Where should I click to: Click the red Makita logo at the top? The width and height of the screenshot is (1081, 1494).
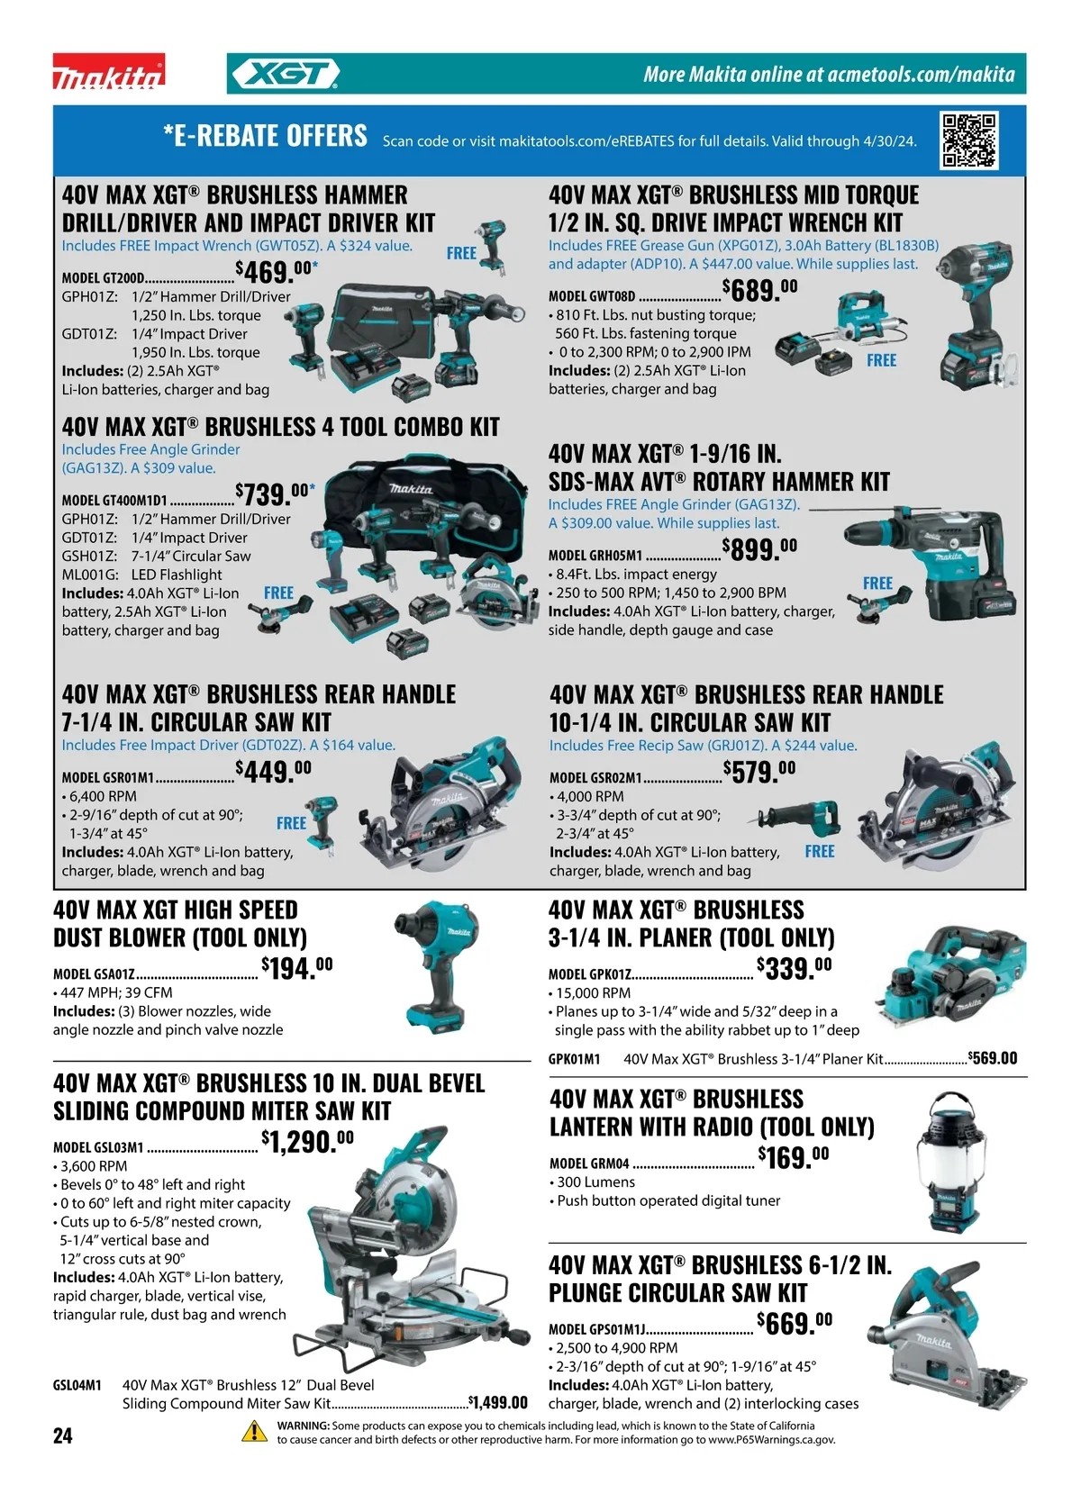[x=109, y=71]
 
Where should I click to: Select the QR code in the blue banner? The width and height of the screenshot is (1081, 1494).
[x=969, y=140]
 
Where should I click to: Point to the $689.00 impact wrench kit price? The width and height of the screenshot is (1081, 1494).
[x=760, y=289]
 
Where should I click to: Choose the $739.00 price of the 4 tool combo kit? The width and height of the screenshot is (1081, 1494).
[x=275, y=494]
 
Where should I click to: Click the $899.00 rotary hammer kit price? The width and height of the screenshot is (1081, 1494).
[x=760, y=549]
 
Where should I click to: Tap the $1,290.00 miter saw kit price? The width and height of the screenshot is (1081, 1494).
[x=307, y=1141]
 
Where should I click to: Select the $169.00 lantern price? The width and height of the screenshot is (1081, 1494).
[x=794, y=1157]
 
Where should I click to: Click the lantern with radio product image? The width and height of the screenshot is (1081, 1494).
[x=950, y=1161]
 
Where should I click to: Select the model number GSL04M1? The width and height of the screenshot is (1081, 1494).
[x=77, y=1385]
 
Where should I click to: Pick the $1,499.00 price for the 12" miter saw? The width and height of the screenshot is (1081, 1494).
[x=498, y=1403]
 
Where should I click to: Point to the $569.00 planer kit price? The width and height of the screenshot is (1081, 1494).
[x=993, y=1058]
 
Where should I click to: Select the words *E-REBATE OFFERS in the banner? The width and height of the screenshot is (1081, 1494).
[x=265, y=135]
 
